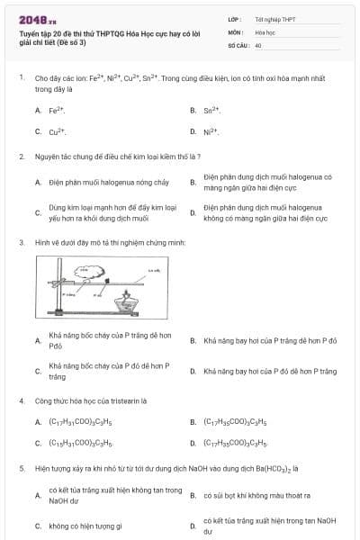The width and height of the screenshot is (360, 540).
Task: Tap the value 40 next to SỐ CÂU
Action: tap(258, 44)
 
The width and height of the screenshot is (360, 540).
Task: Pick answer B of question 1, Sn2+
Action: tap(211, 110)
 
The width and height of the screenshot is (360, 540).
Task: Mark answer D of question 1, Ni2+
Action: tap(211, 131)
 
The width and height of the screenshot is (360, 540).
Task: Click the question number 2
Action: tap(21, 157)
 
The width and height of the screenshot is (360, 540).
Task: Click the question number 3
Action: tap(21, 242)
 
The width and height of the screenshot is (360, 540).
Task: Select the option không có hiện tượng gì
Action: tap(85, 526)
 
